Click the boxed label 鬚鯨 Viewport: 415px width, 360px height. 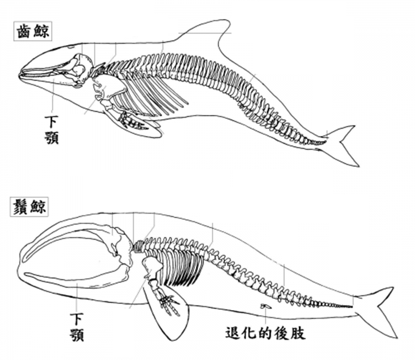(x=28, y=207)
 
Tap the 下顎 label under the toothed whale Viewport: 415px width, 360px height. (x=51, y=129)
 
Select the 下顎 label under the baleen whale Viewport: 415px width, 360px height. (x=76, y=325)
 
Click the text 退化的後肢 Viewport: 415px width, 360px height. (x=265, y=333)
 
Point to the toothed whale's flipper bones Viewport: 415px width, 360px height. (x=131, y=120)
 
